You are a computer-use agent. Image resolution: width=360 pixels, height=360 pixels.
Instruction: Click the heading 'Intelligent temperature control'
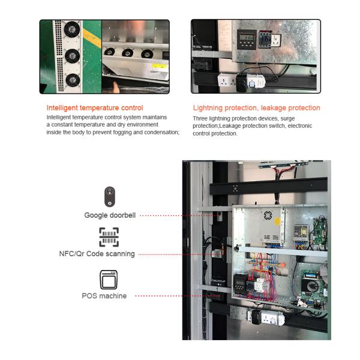click(x=95, y=108)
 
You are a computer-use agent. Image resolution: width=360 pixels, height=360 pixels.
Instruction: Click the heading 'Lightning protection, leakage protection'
click(x=256, y=108)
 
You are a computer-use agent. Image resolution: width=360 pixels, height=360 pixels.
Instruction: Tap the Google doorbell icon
click(x=109, y=197)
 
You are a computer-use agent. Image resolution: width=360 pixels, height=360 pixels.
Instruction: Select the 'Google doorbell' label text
click(x=110, y=215)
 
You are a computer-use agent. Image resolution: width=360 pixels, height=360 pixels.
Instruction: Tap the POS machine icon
click(x=109, y=279)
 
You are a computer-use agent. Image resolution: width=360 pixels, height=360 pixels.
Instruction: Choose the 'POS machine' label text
click(x=104, y=296)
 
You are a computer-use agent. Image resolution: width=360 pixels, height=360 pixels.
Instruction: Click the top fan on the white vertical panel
click(x=72, y=29)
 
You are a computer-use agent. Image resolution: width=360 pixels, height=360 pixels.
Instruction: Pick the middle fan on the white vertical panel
click(x=72, y=56)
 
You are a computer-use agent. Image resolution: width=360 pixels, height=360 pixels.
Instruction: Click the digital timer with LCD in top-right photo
click(x=246, y=39)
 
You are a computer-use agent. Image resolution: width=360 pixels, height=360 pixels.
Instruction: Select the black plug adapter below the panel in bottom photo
click(x=256, y=317)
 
